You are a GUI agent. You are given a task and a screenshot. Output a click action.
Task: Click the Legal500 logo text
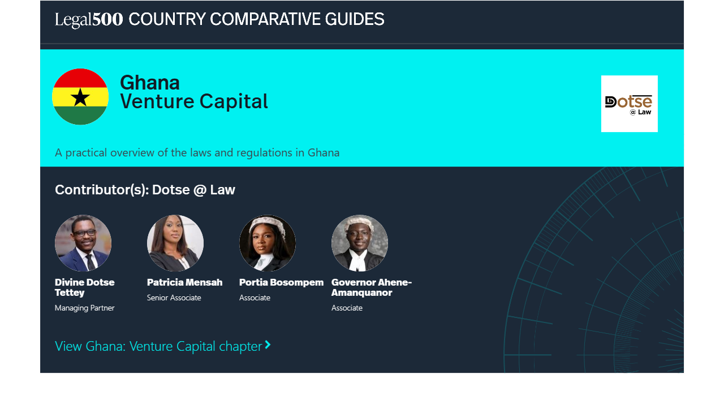(x=89, y=19)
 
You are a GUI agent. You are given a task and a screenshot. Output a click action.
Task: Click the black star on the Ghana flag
(x=80, y=97)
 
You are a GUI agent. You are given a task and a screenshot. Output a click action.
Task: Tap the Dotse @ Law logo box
(x=630, y=104)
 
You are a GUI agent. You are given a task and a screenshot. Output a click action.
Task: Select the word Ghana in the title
(x=150, y=83)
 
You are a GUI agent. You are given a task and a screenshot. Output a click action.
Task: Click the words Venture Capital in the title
(x=194, y=101)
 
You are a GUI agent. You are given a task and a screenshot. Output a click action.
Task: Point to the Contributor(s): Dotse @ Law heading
(x=145, y=190)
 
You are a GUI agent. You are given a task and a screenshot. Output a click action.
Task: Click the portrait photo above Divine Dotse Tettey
(x=83, y=243)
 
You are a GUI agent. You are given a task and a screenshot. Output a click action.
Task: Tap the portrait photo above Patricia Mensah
(x=175, y=243)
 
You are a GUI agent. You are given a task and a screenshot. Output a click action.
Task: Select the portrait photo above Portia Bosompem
(x=268, y=243)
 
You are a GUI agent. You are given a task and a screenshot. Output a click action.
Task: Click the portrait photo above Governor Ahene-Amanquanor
(x=360, y=243)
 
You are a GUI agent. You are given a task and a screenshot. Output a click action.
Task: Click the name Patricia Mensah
(x=184, y=282)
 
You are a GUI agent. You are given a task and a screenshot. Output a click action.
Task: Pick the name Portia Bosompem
(x=281, y=282)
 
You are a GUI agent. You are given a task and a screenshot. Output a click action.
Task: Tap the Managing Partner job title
(x=85, y=308)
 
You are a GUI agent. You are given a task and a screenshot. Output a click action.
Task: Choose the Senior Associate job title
(x=174, y=297)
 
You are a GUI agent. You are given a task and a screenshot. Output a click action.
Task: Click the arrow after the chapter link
(x=268, y=345)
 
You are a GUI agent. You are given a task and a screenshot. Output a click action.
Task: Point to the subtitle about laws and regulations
(x=197, y=152)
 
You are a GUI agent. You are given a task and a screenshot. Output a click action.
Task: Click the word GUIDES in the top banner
(x=355, y=19)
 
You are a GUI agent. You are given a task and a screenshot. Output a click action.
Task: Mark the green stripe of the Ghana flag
(x=80, y=115)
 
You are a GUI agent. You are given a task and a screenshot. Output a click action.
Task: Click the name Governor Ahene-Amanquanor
(x=372, y=287)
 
